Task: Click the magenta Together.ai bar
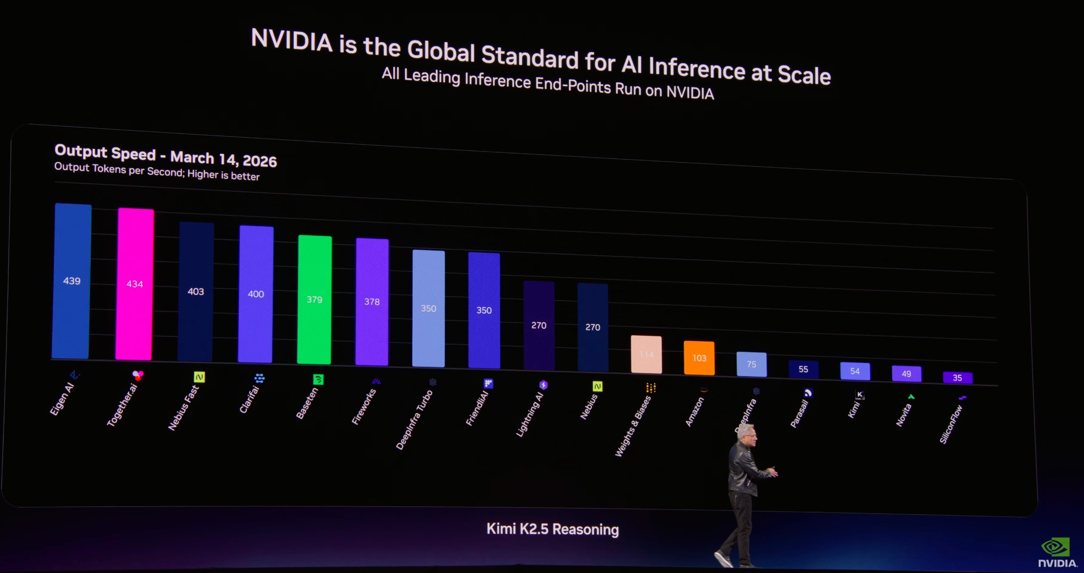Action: coord(135,284)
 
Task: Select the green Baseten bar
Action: coord(314,299)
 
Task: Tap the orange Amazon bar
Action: coord(699,358)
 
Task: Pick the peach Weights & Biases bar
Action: coord(646,354)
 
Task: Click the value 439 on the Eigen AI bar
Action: coord(72,281)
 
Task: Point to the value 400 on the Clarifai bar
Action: coord(256,294)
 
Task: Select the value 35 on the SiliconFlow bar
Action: coord(957,378)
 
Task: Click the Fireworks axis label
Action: coord(364,407)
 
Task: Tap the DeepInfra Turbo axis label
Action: coord(414,420)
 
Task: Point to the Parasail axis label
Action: coord(800,413)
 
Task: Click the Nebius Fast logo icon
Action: coord(199,377)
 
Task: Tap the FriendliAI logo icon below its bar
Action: coord(488,383)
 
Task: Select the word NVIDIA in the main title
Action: coord(292,40)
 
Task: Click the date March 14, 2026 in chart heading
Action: coord(223,159)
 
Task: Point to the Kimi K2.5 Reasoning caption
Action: coord(552,529)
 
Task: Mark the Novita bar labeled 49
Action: coord(906,373)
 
